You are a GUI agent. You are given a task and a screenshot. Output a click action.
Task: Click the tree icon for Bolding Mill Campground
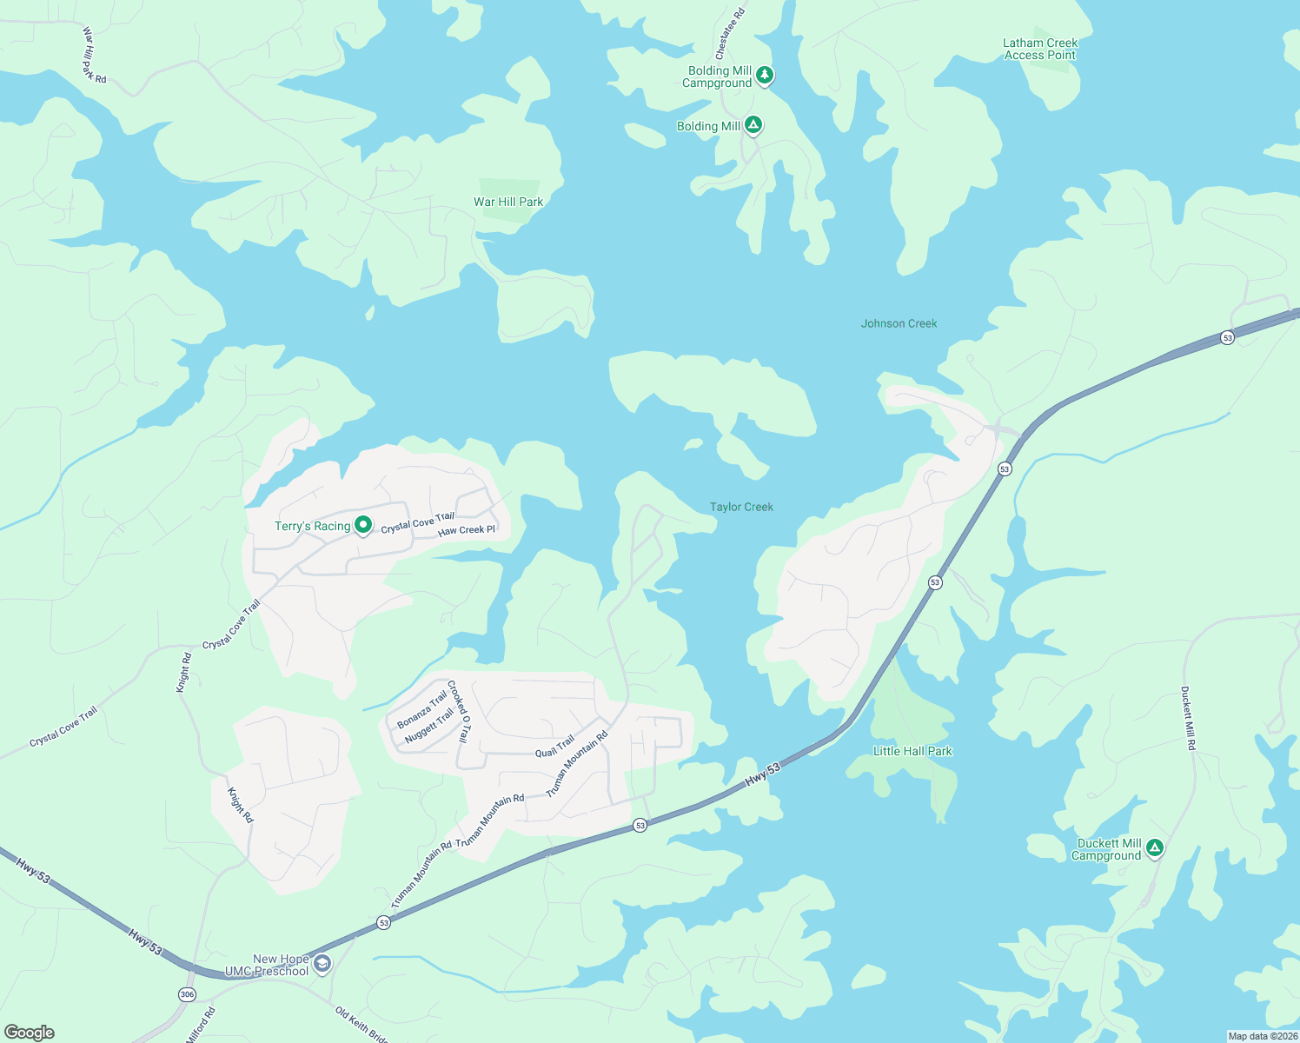[x=764, y=76]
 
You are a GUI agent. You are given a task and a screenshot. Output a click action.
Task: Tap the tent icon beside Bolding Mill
[x=753, y=125]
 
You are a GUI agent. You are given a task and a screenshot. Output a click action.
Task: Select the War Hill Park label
[x=508, y=203]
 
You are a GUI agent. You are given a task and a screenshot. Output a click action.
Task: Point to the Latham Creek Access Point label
[x=1040, y=49]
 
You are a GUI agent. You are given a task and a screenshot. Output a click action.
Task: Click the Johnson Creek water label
[x=899, y=323]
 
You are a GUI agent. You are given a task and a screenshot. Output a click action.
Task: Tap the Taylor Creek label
[x=741, y=507]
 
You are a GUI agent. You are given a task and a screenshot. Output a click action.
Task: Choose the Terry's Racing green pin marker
[x=363, y=525]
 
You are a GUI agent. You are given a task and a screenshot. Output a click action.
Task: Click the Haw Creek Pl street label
[x=467, y=530]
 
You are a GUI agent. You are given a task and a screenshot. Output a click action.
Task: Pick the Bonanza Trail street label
[x=422, y=709]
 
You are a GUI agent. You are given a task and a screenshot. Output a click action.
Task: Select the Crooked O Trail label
[x=458, y=711]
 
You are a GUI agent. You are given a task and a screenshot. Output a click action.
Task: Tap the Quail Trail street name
[x=554, y=746]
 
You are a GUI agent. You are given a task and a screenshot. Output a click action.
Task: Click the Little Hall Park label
[x=912, y=751]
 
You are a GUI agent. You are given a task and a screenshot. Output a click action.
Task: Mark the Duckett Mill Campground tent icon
[x=1154, y=847]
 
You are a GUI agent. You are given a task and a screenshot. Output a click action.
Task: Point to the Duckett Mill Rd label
[x=1188, y=718]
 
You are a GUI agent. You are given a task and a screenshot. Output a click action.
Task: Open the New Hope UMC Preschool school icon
[x=322, y=963]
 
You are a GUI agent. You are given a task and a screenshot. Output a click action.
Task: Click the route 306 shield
[x=187, y=994]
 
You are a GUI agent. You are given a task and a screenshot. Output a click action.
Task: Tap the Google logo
[x=30, y=1032]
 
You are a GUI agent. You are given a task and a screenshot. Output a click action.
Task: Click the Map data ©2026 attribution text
[x=1262, y=1036]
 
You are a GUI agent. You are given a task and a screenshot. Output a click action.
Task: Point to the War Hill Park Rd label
[x=94, y=55]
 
